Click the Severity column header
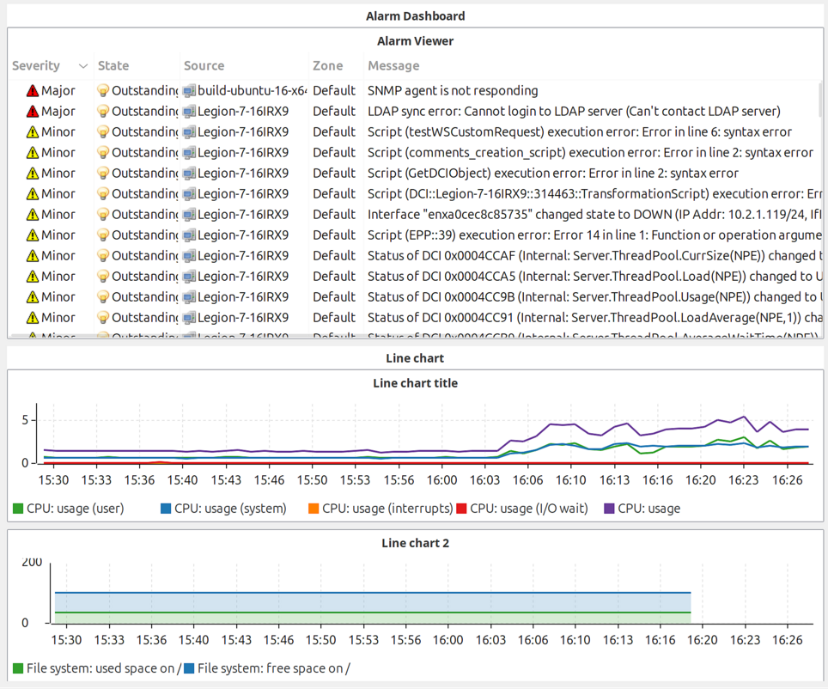[36, 66]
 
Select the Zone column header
[327, 66]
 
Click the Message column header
[393, 66]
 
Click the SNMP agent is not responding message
[453, 90]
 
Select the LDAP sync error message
[574, 111]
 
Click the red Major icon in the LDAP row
[33, 111]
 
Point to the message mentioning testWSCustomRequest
[580, 131]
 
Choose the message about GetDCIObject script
[553, 173]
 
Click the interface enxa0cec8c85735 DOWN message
[593, 214]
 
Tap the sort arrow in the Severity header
[83, 66]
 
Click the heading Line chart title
[415, 383]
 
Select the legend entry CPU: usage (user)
[68, 509]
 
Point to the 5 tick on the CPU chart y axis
[26, 420]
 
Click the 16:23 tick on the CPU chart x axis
[744, 480]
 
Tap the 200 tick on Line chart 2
[32, 563]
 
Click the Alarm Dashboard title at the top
[415, 15]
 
